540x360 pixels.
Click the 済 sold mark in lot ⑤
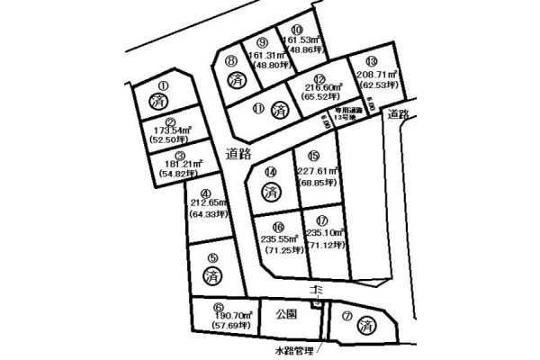[212, 277]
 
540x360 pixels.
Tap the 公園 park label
[286, 315]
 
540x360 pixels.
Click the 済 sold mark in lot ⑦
[367, 326]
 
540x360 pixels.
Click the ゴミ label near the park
[316, 291]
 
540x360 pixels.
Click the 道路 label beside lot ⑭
[238, 155]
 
